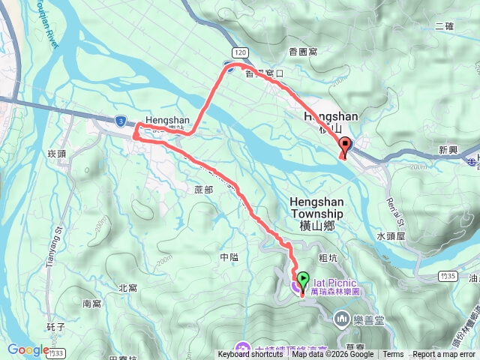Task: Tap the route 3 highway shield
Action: (x=121, y=120)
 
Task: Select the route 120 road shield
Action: (x=239, y=52)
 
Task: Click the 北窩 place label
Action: (x=127, y=287)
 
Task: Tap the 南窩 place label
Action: (x=91, y=304)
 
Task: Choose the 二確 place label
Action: (x=444, y=26)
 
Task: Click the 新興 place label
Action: (x=448, y=150)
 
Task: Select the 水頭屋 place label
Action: (x=391, y=235)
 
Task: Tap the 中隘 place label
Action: (x=229, y=256)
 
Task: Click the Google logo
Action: (x=28, y=349)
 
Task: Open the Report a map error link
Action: (x=444, y=355)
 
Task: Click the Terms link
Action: (x=393, y=355)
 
